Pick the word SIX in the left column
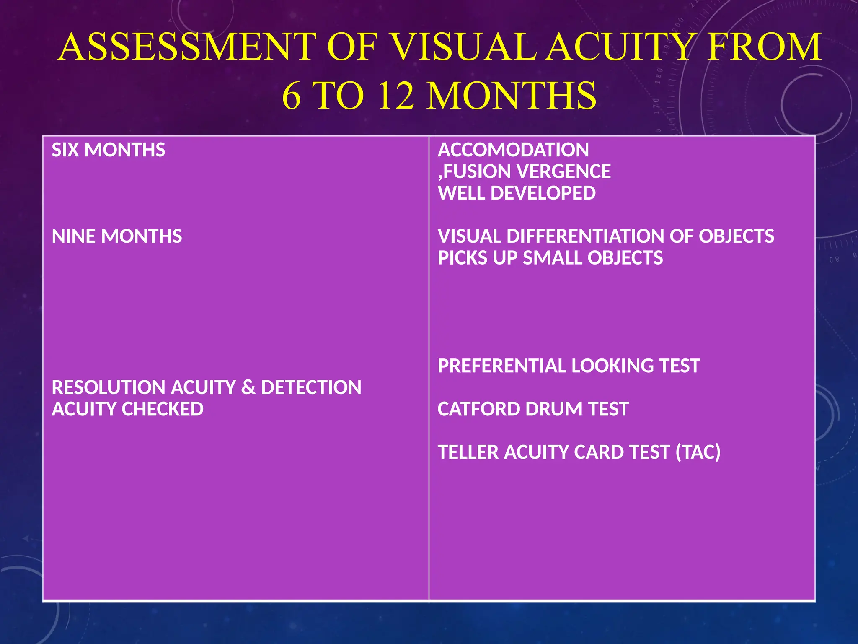(65, 150)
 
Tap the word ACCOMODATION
(513, 150)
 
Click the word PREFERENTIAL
(501, 366)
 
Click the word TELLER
(468, 452)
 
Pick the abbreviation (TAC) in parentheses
(698, 452)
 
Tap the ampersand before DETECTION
(248, 387)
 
